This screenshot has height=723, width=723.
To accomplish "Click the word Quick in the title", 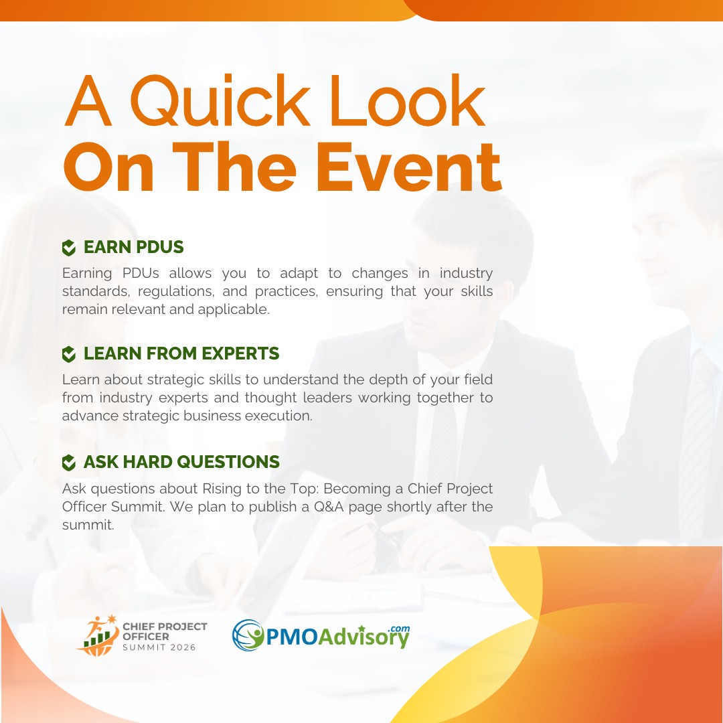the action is (x=220, y=100).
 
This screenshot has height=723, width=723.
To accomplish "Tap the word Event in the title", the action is (x=408, y=167).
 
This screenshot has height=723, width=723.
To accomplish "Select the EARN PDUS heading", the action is (x=134, y=247).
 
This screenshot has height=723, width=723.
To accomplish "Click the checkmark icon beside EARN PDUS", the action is (x=69, y=248).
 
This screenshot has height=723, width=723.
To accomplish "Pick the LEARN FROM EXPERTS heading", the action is (x=181, y=353).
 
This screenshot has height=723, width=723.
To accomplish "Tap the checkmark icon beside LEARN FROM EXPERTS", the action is (x=69, y=354).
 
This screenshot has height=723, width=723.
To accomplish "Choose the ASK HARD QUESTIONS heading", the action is (x=181, y=462).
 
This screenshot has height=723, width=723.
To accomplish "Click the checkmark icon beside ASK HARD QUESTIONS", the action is (x=69, y=463).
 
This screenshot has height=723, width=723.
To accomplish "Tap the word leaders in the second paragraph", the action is (x=327, y=398).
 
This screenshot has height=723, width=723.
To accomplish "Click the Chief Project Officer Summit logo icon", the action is (x=98, y=636).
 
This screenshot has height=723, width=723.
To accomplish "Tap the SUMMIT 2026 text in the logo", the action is (x=159, y=647).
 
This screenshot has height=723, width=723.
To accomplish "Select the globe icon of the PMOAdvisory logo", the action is (x=248, y=635).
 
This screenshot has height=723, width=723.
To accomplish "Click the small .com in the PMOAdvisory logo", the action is (x=399, y=629).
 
